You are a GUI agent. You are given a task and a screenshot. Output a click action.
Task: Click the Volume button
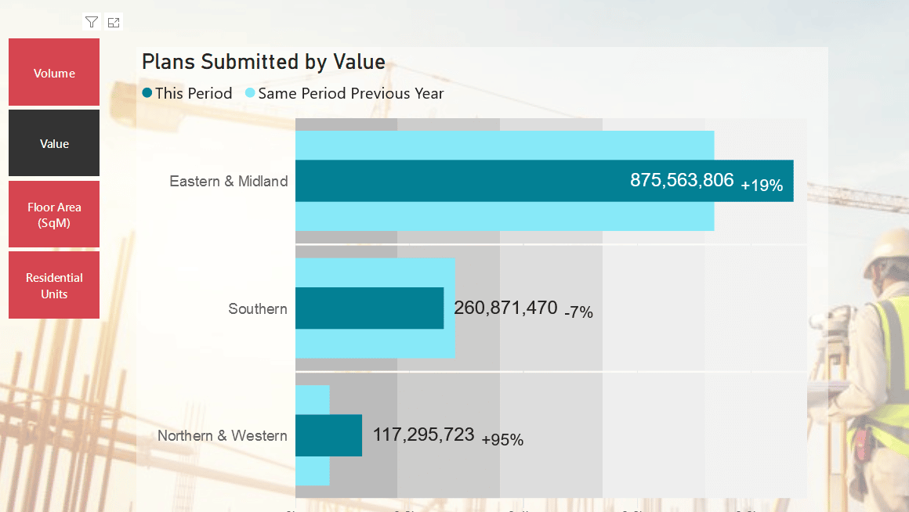click(54, 73)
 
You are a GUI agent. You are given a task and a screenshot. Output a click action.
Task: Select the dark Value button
click(54, 143)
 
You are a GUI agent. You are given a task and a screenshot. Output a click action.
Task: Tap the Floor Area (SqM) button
click(54, 215)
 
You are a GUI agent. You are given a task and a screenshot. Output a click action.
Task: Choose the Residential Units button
click(54, 286)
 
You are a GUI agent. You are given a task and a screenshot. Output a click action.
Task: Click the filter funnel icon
click(92, 22)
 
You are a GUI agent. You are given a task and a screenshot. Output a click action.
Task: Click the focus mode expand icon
click(114, 22)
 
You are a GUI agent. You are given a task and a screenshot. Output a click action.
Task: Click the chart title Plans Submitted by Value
click(263, 62)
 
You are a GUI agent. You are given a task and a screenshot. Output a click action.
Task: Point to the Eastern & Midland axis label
click(229, 181)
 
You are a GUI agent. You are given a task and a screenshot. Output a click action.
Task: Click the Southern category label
click(258, 308)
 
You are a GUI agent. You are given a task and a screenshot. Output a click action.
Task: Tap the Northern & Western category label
click(223, 435)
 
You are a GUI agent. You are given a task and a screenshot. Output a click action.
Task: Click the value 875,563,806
click(682, 180)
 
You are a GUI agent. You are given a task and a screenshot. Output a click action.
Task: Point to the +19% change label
click(762, 186)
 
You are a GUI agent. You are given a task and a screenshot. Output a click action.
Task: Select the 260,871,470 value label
click(505, 307)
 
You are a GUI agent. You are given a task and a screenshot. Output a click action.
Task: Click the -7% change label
click(578, 312)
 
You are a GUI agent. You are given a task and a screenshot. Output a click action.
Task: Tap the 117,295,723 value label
click(423, 434)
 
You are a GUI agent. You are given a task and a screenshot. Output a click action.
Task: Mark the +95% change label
click(502, 440)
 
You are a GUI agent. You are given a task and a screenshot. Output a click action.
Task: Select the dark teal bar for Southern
click(369, 308)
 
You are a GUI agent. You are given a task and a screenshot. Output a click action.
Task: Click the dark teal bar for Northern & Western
click(328, 435)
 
